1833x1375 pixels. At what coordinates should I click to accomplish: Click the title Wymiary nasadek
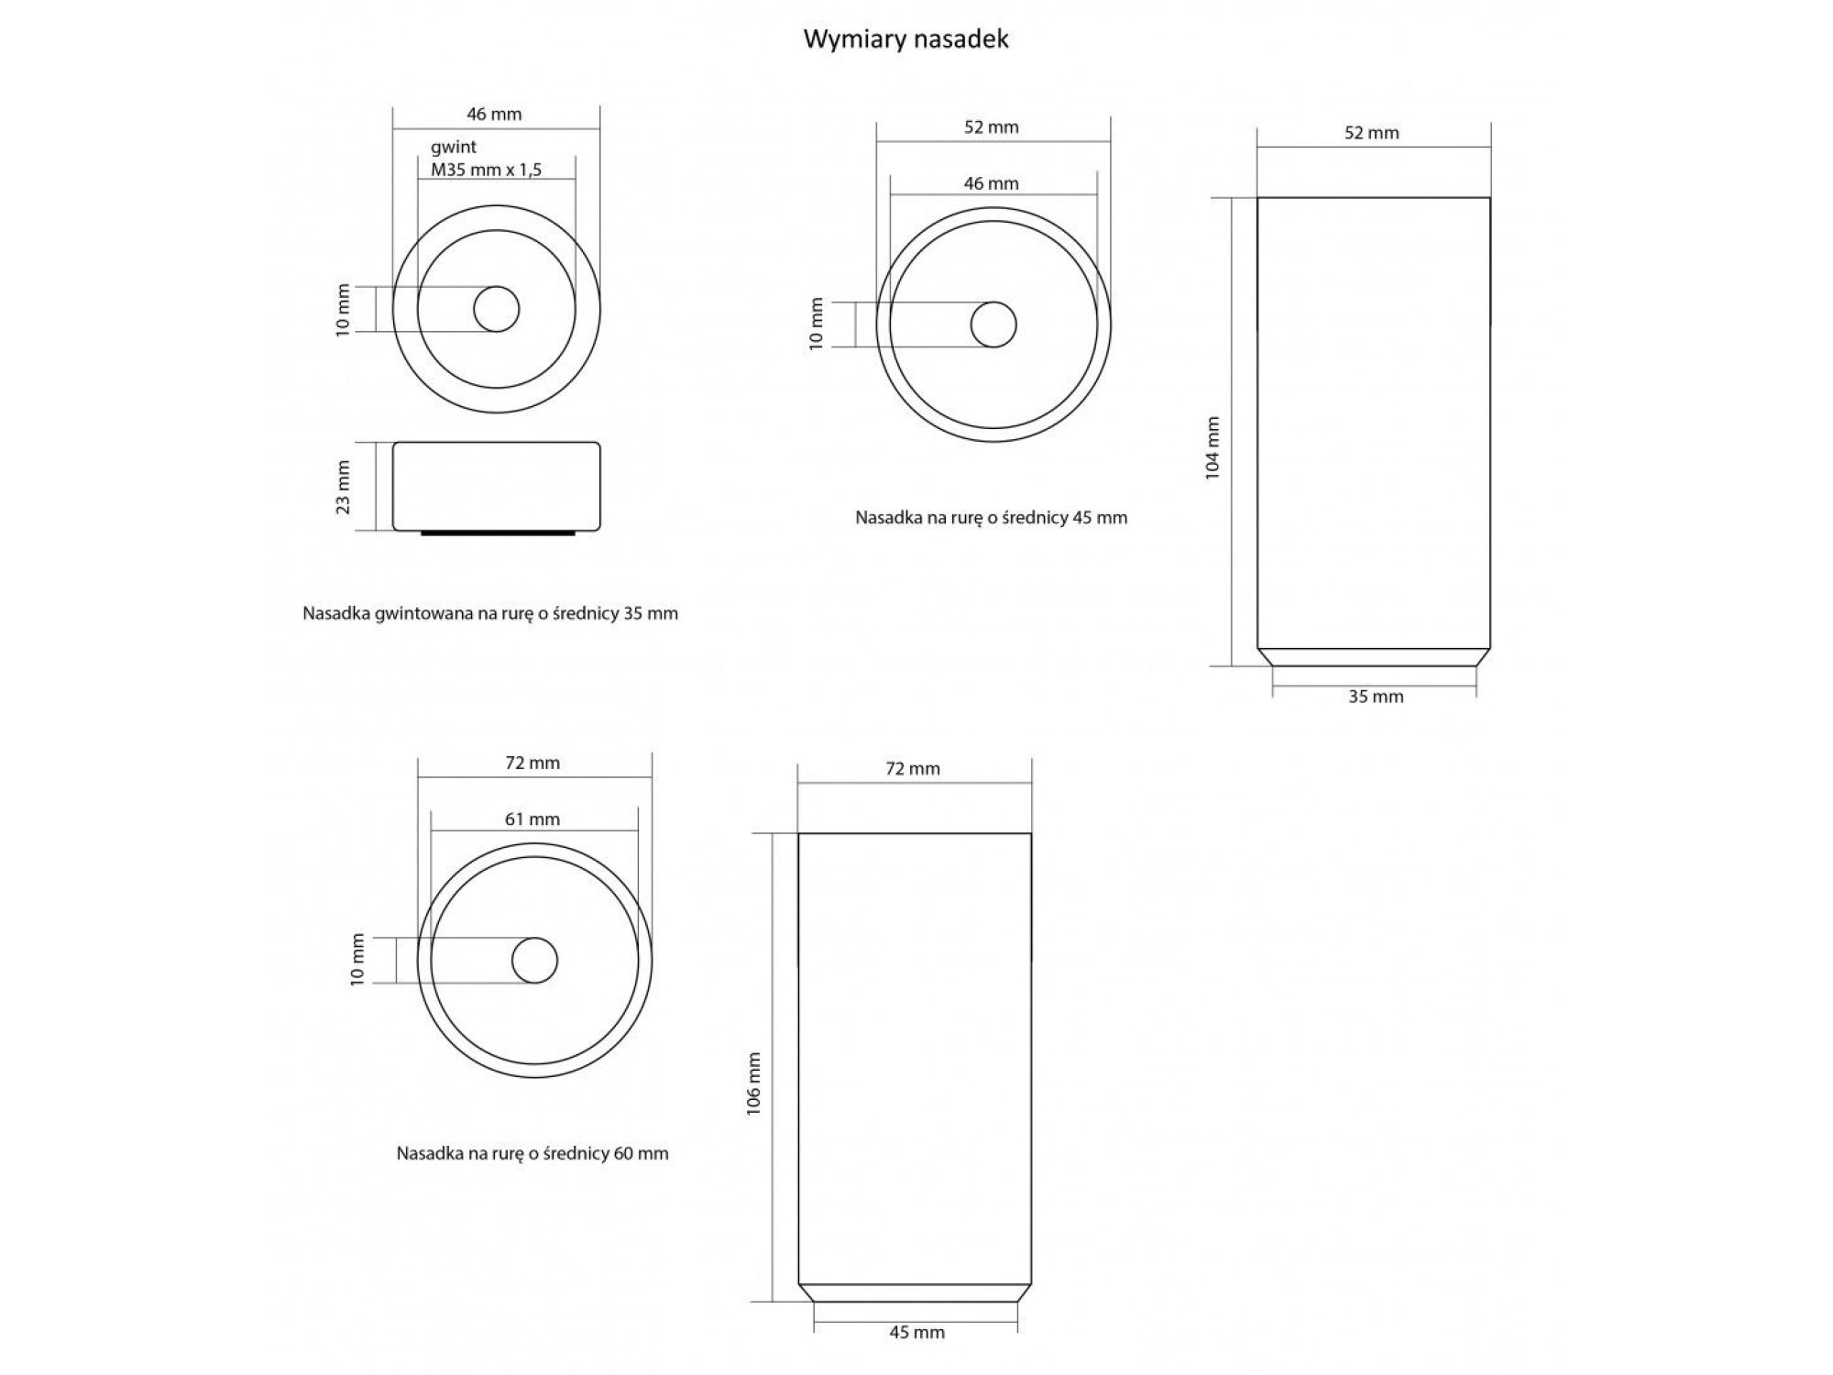(x=906, y=39)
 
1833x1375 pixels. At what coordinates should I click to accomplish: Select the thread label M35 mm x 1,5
(x=487, y=170)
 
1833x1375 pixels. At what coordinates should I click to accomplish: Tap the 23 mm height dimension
(x=343, y=487)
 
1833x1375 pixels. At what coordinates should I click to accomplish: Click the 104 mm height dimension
(x=1213, y=447)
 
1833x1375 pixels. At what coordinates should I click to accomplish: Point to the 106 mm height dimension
(x=753, y=1083)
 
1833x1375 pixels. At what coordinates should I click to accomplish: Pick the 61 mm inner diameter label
(x=532, y=819)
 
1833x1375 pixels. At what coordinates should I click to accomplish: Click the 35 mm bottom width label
(x=1376, y=697)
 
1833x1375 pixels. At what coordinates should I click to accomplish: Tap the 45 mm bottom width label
(x=916, y=1332)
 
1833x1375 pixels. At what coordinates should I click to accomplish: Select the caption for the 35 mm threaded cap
(x=490, y=613)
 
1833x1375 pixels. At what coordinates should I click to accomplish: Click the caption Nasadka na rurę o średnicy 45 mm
(x=992, y=517)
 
